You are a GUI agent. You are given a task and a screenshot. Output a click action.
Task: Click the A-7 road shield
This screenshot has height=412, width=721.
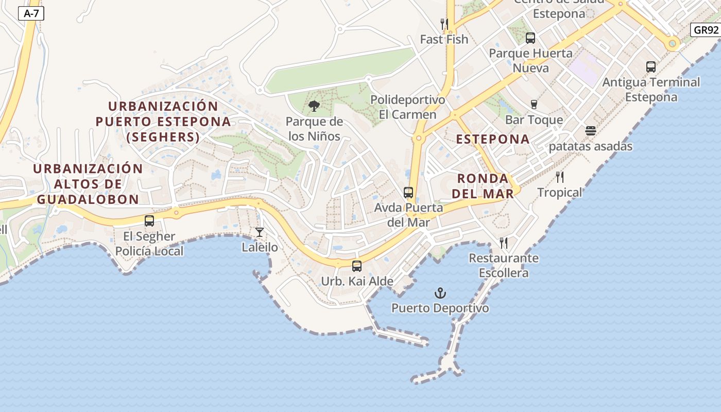point(31,14)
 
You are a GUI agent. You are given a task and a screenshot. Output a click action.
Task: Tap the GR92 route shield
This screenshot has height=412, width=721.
point(706,30)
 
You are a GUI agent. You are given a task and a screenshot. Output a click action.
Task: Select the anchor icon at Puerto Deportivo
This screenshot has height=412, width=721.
point(440,294)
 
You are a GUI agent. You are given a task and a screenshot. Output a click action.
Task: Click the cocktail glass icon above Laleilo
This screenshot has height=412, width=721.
point(260,232)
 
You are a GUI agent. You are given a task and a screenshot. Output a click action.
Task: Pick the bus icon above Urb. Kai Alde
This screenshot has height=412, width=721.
point(356,266)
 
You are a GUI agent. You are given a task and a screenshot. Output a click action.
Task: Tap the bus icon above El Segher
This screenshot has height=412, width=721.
point(149,221)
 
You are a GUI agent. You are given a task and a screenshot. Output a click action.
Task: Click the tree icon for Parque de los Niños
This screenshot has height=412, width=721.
point(314,107)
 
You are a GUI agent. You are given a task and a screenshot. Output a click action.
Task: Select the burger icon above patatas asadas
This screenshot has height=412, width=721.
point(590,131)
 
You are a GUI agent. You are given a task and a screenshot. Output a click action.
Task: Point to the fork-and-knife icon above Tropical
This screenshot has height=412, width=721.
point(560,178)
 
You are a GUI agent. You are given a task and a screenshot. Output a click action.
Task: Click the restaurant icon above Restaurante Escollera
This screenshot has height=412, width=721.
point(504,243)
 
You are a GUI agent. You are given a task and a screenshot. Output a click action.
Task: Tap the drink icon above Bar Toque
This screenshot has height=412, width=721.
point(534,105)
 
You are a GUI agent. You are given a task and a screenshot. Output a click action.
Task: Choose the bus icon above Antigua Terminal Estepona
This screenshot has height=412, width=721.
point(651,67)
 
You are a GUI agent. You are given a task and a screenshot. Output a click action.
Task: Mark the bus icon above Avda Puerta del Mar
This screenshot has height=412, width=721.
point(408,193)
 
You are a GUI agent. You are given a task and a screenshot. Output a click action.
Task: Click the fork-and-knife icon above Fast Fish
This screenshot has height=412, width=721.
point(444,24)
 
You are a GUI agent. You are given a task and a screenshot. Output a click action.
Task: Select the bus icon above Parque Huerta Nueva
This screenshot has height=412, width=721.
point(530,38)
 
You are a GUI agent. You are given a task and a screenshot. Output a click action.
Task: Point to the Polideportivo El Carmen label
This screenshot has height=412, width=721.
point(407,107)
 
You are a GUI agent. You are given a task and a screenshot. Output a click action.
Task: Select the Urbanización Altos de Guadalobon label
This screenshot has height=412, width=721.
point(88,184)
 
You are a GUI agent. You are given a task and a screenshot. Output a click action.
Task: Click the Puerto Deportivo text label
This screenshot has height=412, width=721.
point(440,308)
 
